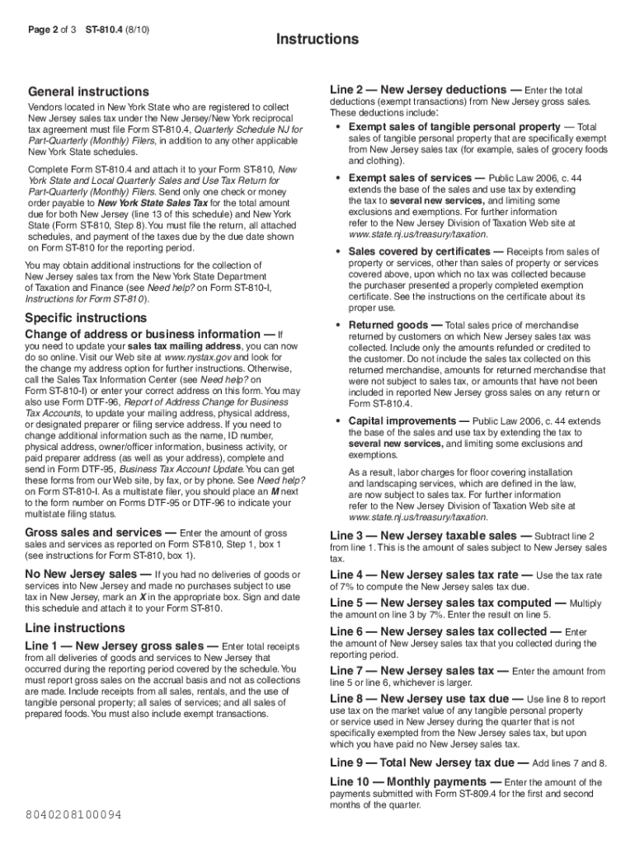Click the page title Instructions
pyautogui.click(x=317, y=40)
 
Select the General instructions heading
pyautogui.click(x=88, y=91)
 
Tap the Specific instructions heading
pyautogui.click(x=86, y=318)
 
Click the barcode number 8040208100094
pyautogui.click(x=73, y=814)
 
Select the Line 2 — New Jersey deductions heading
pyautogui.click(x=418, y=89)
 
